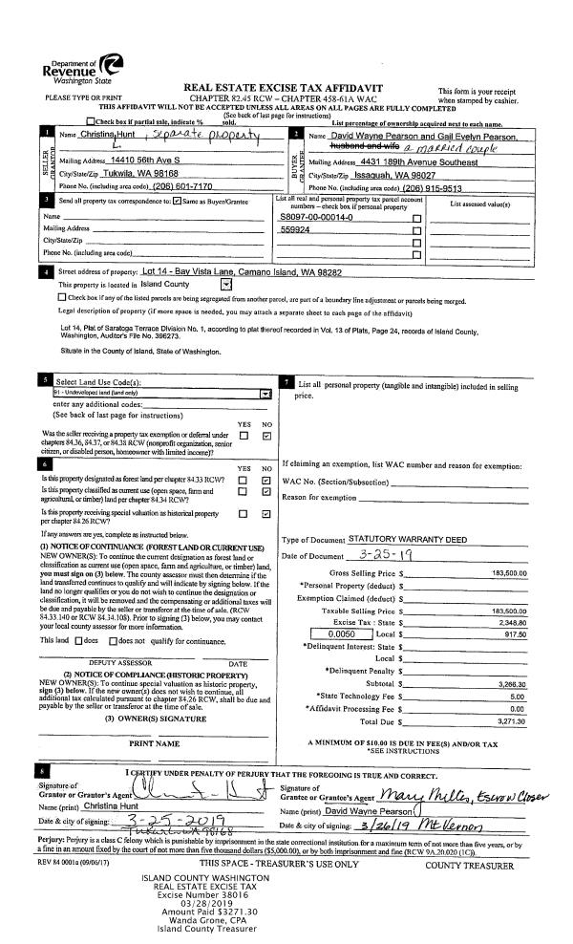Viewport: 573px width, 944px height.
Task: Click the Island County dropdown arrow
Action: [x=224, y=284]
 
